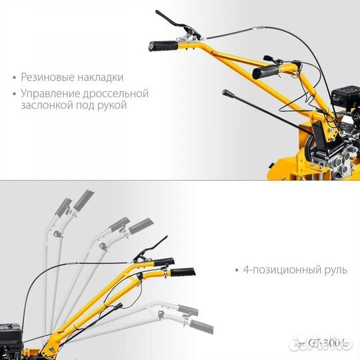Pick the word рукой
click(111, 105)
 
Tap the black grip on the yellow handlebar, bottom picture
click(184, 272)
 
